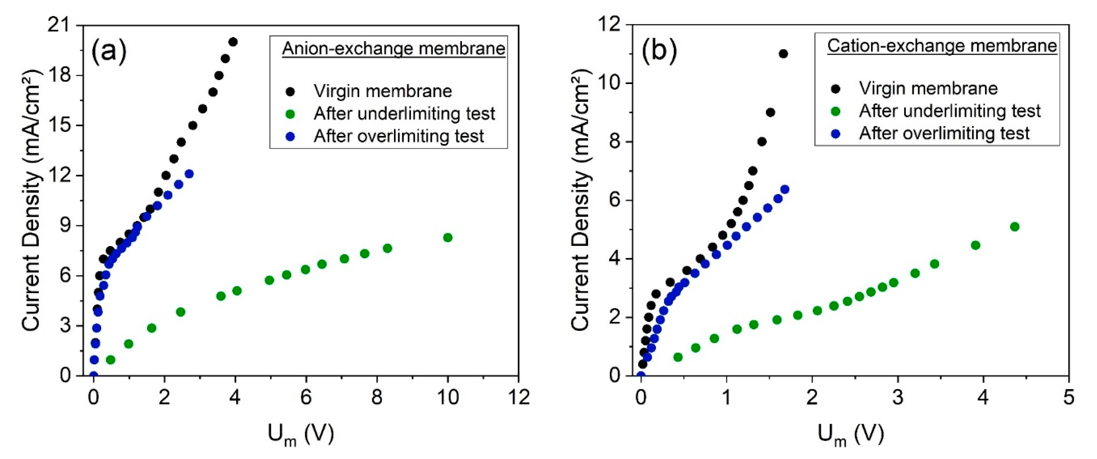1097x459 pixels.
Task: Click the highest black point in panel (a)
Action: point(233,42)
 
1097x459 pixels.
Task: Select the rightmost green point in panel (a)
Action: point(447,238)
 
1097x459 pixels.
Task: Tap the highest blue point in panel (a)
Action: point(189,174)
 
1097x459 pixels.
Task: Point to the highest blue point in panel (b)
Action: point(784,189)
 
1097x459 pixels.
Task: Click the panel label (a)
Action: point(109,51)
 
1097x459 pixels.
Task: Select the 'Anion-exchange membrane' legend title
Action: point(393,48)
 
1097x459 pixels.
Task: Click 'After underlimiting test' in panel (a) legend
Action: point(404,114)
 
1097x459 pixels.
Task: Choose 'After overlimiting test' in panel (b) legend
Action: point(944,133)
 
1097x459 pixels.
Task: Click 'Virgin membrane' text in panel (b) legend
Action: point(928,88)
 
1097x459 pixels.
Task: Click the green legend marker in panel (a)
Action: point(290,114)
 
